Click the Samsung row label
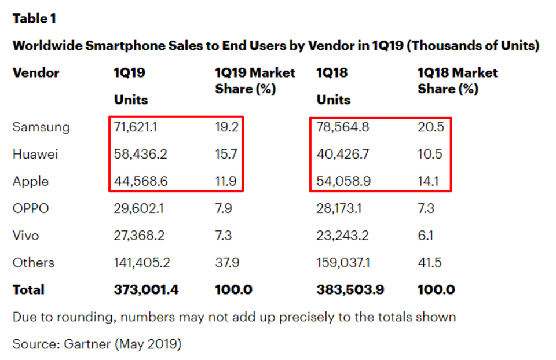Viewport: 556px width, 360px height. pyautogui.click(x=41, y=127)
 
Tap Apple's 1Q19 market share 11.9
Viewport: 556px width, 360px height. pyautogui.click(x=226, y=181)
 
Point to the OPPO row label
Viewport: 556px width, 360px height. pyautogui.click(x=31, y=208)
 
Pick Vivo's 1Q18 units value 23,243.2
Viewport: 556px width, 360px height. pyautogui.click(x=343, y=236)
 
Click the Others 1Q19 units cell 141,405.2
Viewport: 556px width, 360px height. pyautogui.click(x=142, y=263)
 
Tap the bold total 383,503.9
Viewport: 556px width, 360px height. pyautogui.click(x=350, y=290)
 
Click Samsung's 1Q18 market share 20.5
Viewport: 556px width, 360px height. pyautogui.click(x=430, y=127)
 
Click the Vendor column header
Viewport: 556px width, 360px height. pyautogui.click(x=36, y=73)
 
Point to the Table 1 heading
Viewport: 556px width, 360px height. pyautogui.click(x=34, y=19)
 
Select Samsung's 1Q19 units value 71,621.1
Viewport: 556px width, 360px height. pyautogui.click(x=140, y=127)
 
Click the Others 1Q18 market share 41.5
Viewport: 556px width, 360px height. pyautogui.click(x=429, y=263)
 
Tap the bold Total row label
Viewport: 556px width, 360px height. pyautogui.click(x=28, y=290)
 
